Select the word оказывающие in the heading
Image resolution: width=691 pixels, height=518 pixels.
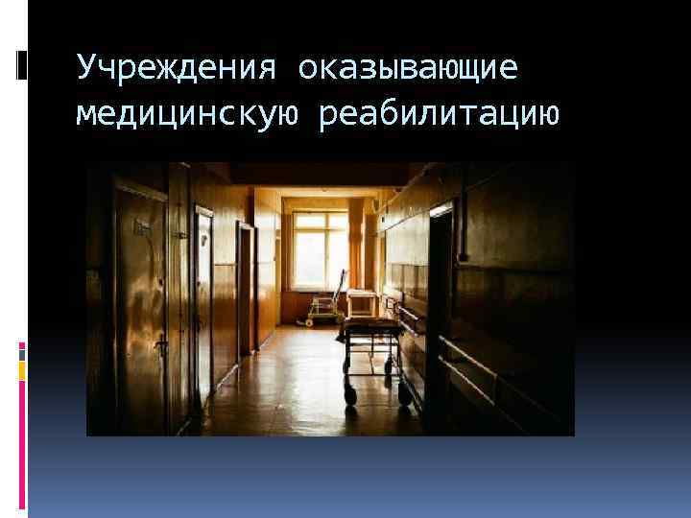pos(407,68)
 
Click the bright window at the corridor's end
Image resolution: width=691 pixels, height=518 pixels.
pos(321,250)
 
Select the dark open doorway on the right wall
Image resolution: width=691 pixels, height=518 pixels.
pos(439,307)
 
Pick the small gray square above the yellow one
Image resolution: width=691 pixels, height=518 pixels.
pos(21,352)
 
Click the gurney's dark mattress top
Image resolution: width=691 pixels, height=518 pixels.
pos(369,329)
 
